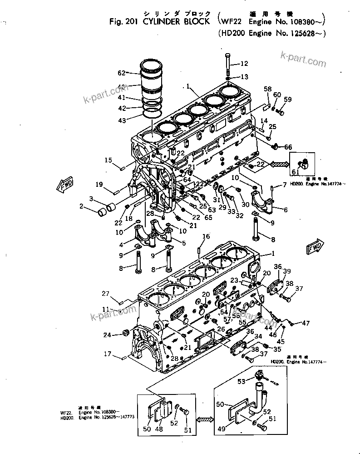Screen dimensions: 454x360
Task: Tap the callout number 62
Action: click(121, 73)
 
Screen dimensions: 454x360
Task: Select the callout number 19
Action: click(100, 184)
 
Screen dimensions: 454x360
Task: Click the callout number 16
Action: click(206, 236)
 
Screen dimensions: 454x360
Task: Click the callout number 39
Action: click(287, 271)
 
